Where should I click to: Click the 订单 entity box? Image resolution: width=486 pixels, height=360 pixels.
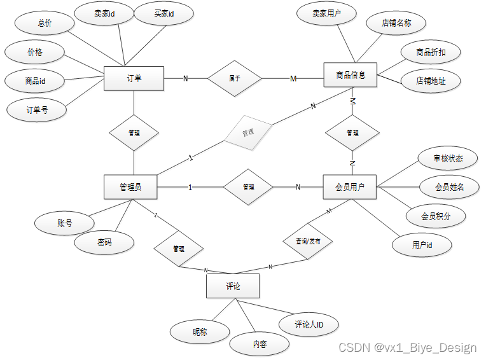pyautogui.click(x=134, y=78)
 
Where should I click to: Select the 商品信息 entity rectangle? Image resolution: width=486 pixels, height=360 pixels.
pyautogui.click(x=351, y=75)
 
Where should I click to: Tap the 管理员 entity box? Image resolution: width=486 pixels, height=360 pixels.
pyautogui.click(x=130, y=187)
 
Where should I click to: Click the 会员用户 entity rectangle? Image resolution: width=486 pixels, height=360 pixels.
pyautogui.click(x=351, y=187)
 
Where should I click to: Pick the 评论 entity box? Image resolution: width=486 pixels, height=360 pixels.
pyautogui.click(x=233, y=286)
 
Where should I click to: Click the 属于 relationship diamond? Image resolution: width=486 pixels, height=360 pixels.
pyautogui.click(x=235, y=78)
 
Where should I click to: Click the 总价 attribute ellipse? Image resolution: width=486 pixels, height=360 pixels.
pyautogui.click(x=45, y=23)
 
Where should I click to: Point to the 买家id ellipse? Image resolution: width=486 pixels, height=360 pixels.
pyautogui.click(x=164, y=13)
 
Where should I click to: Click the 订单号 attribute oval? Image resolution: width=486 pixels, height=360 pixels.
pyautogui.click(x=37, y=109)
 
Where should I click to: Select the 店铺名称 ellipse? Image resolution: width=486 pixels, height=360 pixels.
pyautogui.click(x=396, y=23)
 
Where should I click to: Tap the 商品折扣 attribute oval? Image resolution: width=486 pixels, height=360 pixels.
pyautogui.click(x=431, y=52)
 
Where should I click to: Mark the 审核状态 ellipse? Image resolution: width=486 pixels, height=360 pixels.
pyautogui.click(x=448, y=158)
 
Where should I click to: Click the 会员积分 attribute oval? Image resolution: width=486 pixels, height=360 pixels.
pyautogui.click(x=436, y=216)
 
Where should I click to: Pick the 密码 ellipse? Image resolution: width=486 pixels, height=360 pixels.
pyautogui.click(x=104, y=242)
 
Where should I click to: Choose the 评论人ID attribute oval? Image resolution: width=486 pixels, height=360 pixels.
pyautogui.click(x=309, y=324)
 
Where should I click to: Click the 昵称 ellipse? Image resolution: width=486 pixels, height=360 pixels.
pyautogui.click(x=200, y=331)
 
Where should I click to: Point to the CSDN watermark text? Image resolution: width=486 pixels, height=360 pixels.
pyautogui.click(x=407, y=347)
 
